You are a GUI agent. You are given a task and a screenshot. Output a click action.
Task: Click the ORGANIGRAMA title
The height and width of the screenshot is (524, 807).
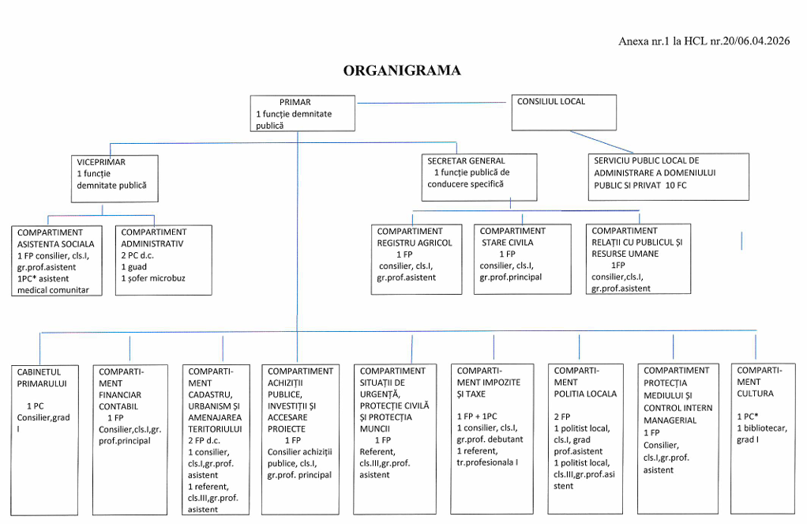point(402,70)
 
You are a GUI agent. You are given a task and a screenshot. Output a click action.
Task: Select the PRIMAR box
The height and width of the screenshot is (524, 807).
point(302,113)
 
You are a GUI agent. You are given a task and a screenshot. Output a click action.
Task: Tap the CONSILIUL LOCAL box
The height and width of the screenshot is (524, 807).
point(564,112)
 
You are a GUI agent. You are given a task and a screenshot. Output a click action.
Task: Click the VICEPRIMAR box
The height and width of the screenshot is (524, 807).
point(114,179)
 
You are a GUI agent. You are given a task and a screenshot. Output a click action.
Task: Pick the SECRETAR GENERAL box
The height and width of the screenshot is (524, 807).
point(479,177)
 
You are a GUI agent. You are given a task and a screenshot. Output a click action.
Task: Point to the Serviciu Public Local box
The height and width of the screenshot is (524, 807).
point(669,177)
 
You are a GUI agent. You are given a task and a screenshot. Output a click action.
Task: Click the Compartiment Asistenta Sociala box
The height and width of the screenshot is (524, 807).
point(57,261)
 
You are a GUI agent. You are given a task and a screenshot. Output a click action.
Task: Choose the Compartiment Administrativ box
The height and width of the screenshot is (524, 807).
point(163,260)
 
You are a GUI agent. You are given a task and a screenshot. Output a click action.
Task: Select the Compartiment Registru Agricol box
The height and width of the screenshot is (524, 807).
point(416,259)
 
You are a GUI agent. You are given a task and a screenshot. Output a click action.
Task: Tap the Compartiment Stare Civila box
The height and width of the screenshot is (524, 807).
point(523,259)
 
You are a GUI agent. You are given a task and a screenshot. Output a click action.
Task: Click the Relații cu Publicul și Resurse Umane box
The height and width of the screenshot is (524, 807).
point(638,258)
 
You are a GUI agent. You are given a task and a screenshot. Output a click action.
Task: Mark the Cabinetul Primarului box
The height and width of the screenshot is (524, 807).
point(45,440)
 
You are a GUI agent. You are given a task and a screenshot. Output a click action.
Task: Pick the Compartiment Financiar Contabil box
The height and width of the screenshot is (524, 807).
point(130,440)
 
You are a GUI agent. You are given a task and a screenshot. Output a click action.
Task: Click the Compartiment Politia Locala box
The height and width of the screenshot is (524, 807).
point(586,439)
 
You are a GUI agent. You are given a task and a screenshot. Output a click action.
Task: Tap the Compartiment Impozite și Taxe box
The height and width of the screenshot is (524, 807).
point(492,439)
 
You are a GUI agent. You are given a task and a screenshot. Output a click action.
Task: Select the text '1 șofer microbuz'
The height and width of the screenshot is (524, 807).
point(153,278)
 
